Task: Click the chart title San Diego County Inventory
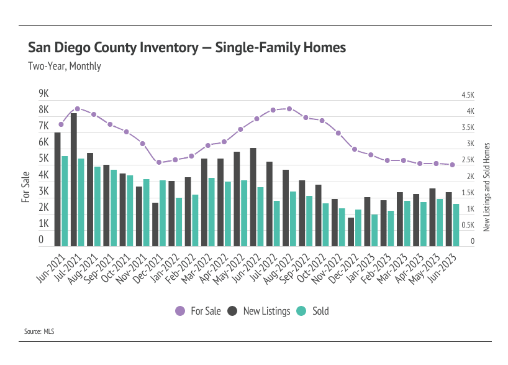(187, 48)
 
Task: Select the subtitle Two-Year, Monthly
(65, 66)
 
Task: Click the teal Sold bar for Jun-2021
(65, 201)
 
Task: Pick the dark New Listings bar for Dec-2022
(351, 231)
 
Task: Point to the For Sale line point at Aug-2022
(289, 109)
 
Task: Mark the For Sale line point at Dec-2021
(158, 162)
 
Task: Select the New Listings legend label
(266, 311)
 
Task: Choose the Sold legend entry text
(320, 311)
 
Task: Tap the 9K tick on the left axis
(43, 94)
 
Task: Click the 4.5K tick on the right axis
(468, 95)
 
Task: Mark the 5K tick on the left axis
(43, 159)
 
